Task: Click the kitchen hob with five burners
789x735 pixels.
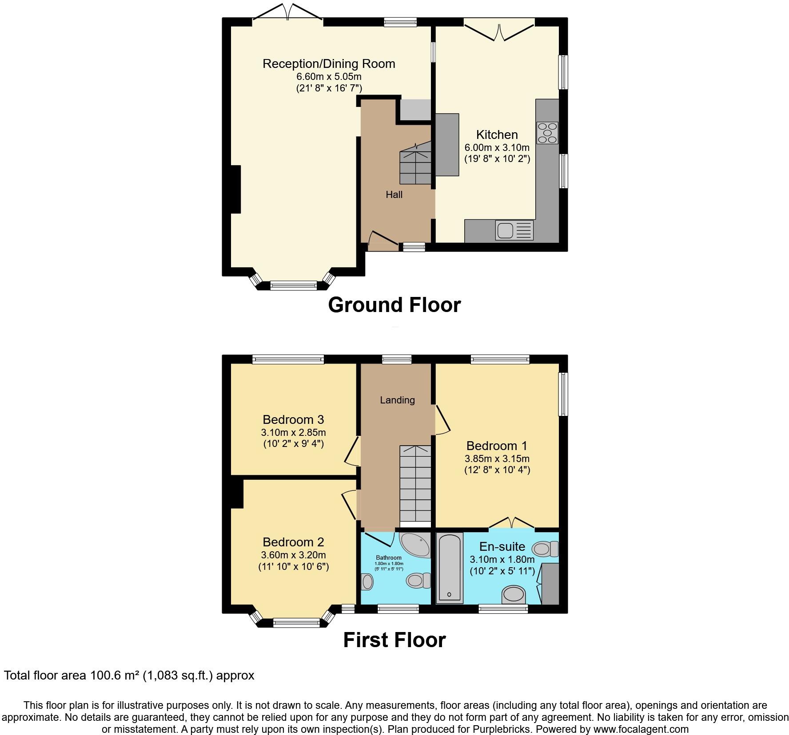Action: (547, 133)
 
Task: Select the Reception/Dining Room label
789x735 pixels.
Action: (329, 63)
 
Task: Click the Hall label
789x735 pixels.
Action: (394, 194)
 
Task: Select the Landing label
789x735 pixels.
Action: (397, 400)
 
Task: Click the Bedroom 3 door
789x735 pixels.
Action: (352, 451)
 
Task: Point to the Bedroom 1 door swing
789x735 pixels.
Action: (442, 419)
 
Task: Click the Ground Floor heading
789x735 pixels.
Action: (394, 305)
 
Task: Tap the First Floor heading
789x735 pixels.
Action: (394, 640)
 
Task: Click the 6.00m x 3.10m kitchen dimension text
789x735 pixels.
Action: (497, 147)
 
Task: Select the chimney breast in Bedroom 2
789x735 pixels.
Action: (236, 492)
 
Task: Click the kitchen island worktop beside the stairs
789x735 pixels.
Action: (446, 145)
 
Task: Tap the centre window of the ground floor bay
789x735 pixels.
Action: (293, 285)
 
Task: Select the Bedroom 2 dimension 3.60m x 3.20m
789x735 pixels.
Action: (293, 555)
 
